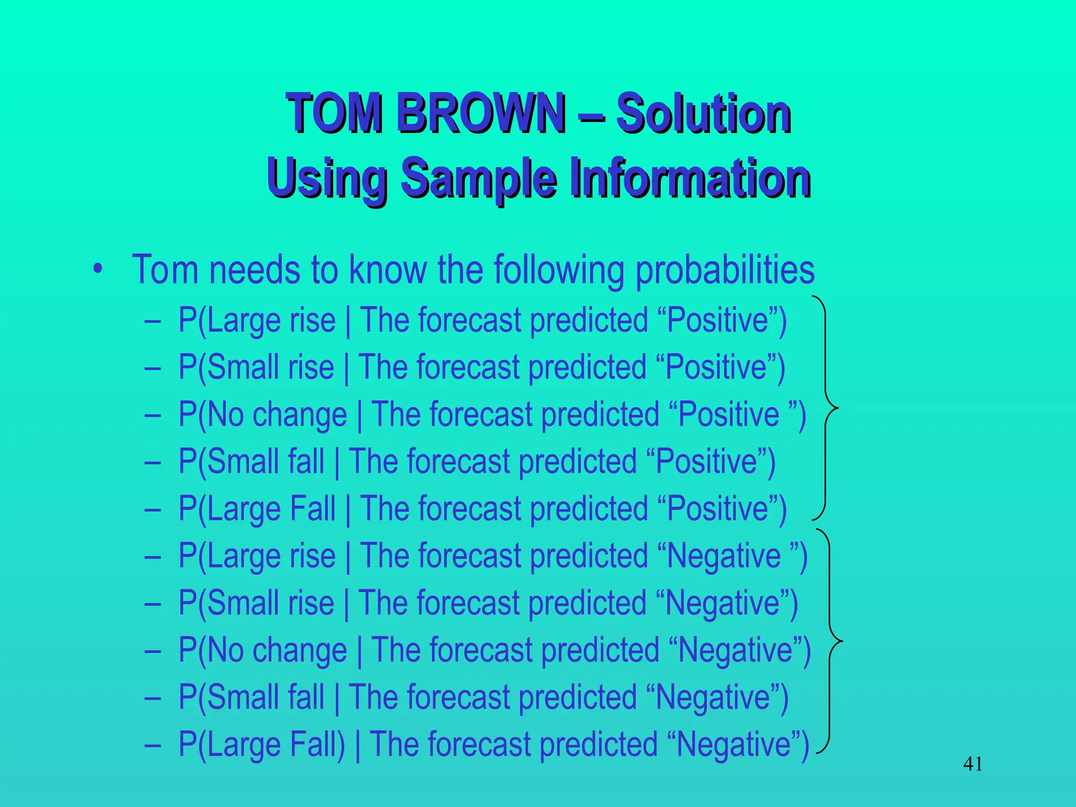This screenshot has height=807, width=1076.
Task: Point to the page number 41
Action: [973, 764]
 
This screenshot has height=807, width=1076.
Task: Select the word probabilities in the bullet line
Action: [725, 270]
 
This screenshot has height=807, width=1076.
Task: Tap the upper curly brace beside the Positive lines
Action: [827, 408]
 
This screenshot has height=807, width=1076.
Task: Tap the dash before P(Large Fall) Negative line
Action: [152, 745]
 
